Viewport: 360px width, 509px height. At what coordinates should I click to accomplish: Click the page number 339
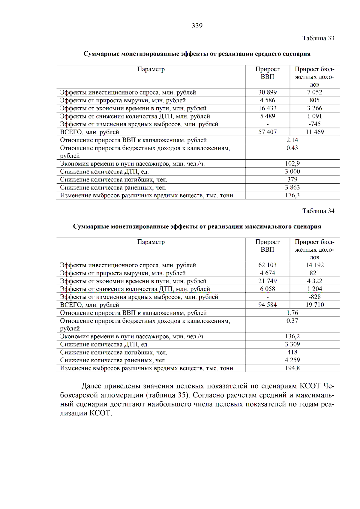(x=197, y=26)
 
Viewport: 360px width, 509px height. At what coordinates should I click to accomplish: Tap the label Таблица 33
(x=318, y=38)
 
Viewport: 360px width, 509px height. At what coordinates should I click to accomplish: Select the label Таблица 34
(x=318, y=211)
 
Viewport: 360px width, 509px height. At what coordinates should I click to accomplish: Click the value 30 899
(x=267, y=92)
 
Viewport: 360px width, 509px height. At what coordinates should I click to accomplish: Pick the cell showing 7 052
(x=314, y=92)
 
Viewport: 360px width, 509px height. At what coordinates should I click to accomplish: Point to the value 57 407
(x=267, y=132)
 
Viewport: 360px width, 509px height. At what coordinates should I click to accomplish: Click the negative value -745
(x=314, y=124)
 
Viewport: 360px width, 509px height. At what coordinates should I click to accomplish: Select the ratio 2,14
(x=292, y=140)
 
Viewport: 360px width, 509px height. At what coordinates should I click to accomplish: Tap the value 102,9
(x=292, y=163)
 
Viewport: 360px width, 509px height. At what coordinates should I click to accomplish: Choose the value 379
(x=292, y=179)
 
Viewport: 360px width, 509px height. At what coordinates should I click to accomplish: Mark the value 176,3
(x=292, y=195)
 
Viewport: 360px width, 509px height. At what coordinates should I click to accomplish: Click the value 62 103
(x=267, y=265)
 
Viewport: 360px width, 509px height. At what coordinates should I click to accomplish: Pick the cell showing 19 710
(x=314, y=305)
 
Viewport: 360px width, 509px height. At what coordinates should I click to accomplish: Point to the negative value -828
(x=314, y=297)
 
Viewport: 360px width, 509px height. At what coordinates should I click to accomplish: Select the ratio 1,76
(x=292, y=313)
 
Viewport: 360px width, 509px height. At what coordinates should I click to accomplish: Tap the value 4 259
(x=292, y=360)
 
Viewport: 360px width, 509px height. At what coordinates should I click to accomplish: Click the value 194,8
(x=292, y=368)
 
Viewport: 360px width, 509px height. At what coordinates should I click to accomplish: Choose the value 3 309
(x=292, y=344)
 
